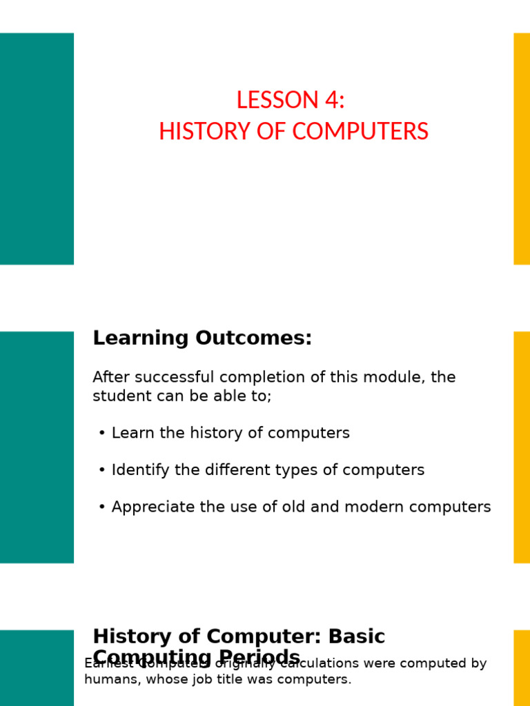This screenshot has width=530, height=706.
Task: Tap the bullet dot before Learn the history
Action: tap(102, 433)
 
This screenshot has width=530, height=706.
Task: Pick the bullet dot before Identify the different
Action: tap(102, 470)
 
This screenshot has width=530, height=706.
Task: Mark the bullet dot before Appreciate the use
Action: tap(102, 507)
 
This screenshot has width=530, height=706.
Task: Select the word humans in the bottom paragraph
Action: tap(107, 680)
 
